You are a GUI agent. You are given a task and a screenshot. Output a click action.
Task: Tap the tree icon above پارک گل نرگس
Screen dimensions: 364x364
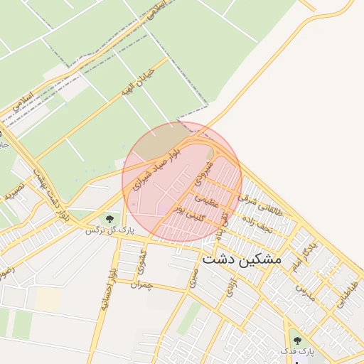pos(109,218)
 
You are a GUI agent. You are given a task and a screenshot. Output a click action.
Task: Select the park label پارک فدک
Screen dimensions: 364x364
pos(296,352)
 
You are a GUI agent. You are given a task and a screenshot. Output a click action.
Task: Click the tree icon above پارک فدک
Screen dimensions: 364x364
pos(296,341)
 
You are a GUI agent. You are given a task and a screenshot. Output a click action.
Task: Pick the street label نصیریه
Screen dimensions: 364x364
pos(15,186)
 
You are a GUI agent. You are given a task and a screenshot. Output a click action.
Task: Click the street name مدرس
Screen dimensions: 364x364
pos(305,291)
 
